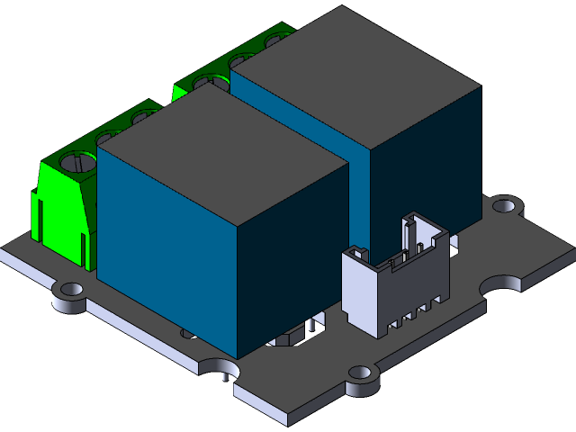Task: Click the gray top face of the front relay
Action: [220, 153]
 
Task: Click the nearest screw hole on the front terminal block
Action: [81, 163]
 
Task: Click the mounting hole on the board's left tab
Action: [71, 290]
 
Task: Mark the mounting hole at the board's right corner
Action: [506, 205]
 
